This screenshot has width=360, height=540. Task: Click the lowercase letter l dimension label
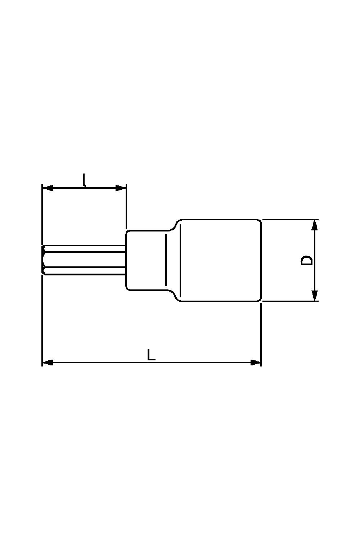click(x=84, y=180)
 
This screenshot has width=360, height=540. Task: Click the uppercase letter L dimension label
click(x=151, y=355)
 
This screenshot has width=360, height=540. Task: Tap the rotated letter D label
click(x=306, y=260)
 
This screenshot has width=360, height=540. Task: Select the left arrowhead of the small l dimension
click(x=48, y=188)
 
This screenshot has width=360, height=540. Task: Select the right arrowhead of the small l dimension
click(x=121, y=188)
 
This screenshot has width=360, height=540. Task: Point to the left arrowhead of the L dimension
click(x=48, y=362)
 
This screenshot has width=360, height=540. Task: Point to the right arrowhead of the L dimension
click(x=256, y=362)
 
